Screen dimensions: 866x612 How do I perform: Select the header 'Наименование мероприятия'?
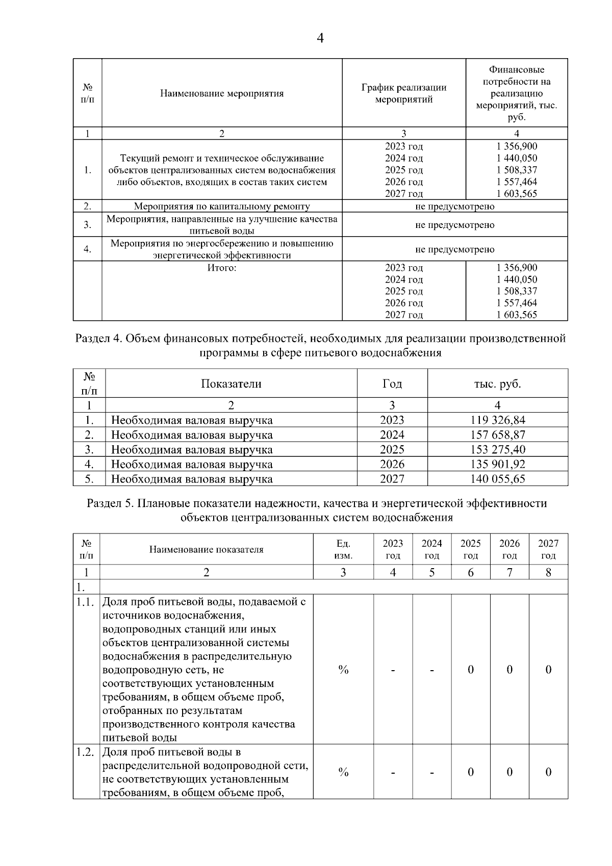tap(222, 93)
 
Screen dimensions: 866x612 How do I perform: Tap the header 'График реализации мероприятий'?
tap(403, 93)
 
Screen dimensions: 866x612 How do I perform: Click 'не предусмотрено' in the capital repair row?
tap(454, 207)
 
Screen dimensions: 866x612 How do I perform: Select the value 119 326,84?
tap(497, 420)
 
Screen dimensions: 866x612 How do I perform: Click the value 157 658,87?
tap(497, 435)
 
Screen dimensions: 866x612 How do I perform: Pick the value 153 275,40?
tap(497, 450)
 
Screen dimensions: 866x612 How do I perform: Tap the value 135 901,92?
tap(497, 465)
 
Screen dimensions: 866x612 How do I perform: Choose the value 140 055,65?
tap(497, 479)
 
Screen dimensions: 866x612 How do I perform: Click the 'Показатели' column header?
tap(231, 384)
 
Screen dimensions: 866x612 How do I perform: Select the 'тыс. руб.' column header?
tap(497, 384)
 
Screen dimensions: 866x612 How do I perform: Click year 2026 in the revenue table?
tap(392, 465)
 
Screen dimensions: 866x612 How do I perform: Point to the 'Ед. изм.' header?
tap(343, 549)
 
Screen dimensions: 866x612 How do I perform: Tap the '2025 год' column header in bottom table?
tap(470, 549)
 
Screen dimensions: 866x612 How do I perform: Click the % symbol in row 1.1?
tap(343, 670)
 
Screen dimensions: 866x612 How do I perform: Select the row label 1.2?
tap(86, 752)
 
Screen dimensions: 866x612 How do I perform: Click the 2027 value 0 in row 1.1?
tap(548, 670)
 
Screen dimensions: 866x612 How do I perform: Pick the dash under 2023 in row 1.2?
tap(393, 773)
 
